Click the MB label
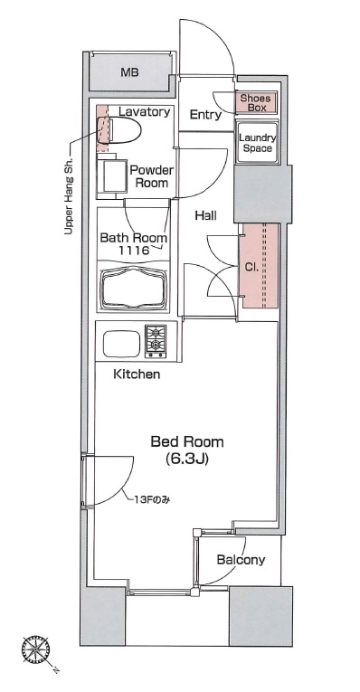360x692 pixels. click(x=129, y=72)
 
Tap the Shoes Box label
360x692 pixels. click(x=255, y=102)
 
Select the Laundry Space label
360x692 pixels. click(x=257, y=143)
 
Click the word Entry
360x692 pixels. click(x=205, y=115)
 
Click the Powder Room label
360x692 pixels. click(x=151, y=176)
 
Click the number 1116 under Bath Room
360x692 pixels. click(x=133, y=251)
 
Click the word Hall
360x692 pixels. click(x=206, y=216)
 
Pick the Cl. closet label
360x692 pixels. click(x=251, y=267)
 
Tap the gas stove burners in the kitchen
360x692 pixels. click(x=156, y=341)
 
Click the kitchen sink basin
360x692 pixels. click(x=121, y=344)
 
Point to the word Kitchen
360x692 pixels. click(x=137, y=374)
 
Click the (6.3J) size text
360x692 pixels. click(x=187, y=459)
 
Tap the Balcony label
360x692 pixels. click(x=241, y=560)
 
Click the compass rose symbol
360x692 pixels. click(x=36, y=649)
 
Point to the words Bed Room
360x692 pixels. click(x=187, y=441)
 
